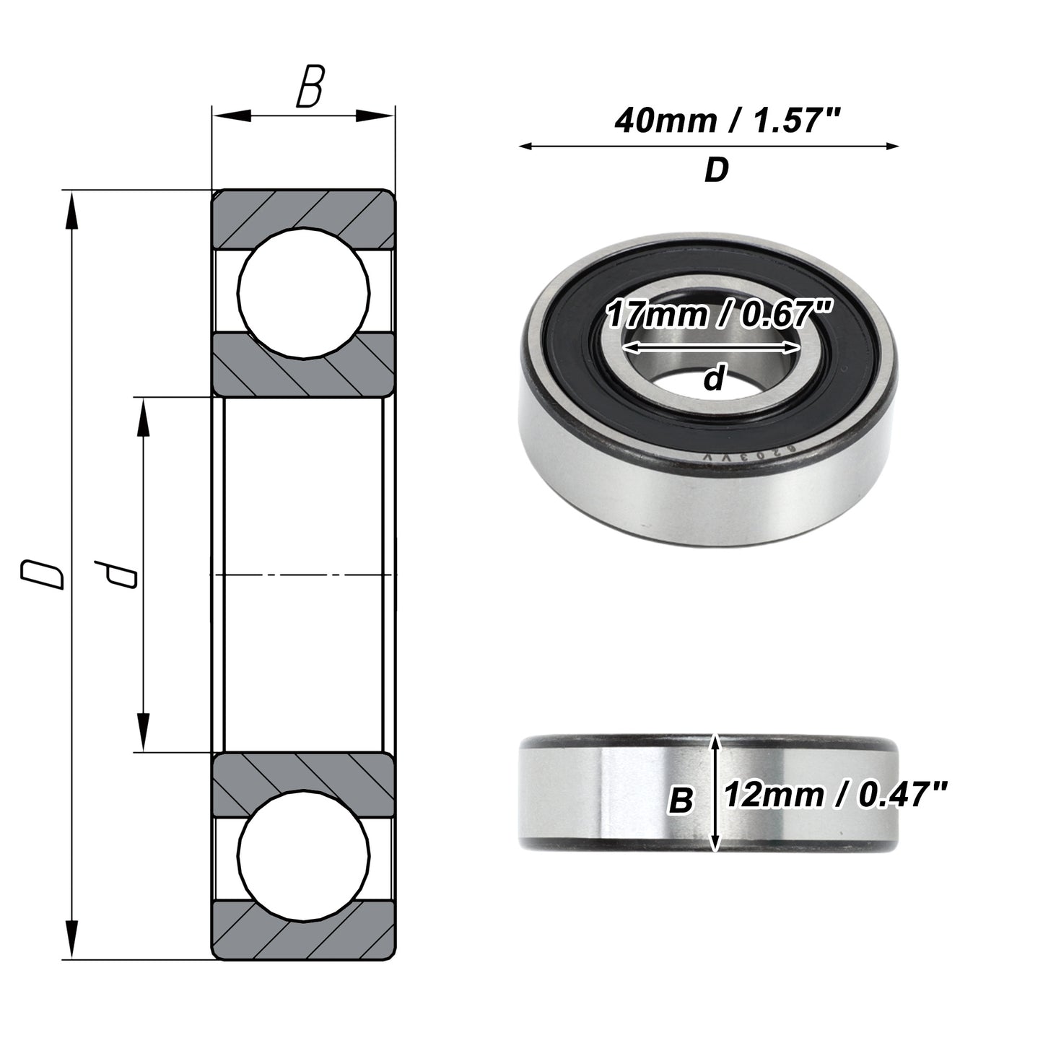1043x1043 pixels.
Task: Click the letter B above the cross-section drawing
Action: [x=310, y=87]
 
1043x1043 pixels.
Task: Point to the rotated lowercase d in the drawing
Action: [x=115, y=575]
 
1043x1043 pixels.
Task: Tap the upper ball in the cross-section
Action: [x=304, y=293]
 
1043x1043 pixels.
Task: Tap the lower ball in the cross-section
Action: [x=304, y=856]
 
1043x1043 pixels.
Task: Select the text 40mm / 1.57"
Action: [x=727, y=120]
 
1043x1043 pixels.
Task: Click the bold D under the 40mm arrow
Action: [x=717, y=170]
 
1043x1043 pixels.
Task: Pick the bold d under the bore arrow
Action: [x=713, y=378]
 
